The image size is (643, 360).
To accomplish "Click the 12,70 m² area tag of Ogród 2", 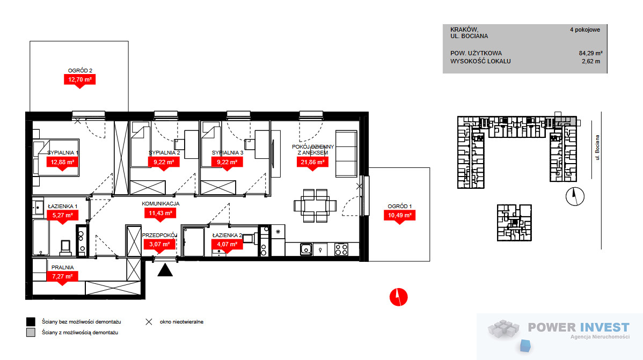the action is point(79,80).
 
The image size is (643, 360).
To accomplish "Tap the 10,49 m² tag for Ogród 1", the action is point(399,216).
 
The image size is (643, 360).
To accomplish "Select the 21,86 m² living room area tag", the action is point(312,163).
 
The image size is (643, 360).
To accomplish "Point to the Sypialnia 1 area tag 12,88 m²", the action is point(62,163).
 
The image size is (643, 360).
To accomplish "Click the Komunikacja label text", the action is point(161,203).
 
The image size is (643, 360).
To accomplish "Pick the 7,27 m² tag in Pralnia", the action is point(62,277).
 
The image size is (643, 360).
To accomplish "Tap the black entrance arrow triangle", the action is point(165,270).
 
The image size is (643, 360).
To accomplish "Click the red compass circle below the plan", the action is point(399,297).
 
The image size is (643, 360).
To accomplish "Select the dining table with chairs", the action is point(315,205).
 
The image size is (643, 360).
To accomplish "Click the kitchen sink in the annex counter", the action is point(306,249).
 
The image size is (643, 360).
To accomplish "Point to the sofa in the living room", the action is point(347,154).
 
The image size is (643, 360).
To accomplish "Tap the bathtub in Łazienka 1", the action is point(41,238).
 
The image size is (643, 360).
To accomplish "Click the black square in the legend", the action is point(31,322).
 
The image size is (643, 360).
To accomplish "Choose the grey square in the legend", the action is point(31,333).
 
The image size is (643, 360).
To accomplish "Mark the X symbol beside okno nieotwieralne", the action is point(149,322).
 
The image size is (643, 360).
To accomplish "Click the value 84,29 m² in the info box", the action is point(590,53).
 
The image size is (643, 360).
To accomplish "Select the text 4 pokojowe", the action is point(585,30).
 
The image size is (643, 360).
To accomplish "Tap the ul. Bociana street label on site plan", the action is point(597,148).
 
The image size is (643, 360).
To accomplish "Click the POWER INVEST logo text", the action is point(578,327).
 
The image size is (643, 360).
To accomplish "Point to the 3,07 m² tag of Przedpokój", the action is point(159,244).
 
